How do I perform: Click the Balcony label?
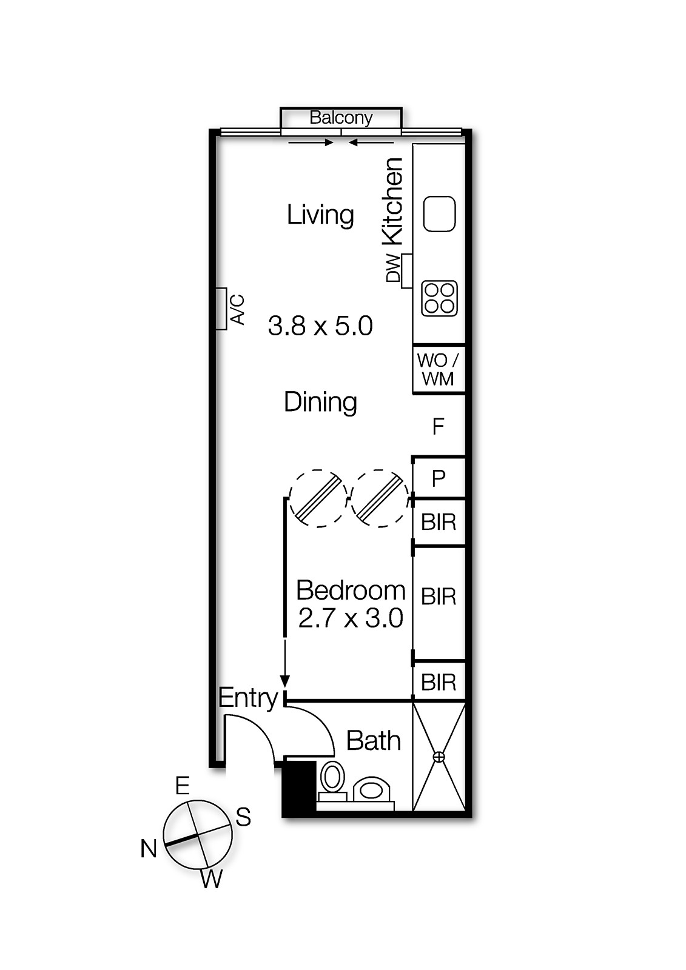[x=341, y=118]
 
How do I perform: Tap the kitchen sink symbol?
[x=439, y=214]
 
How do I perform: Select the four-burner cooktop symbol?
[x=439, y=298]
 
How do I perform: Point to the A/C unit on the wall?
[x=222, y=309]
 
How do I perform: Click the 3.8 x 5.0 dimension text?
[x=320, y=326]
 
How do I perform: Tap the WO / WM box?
[x=439, y=369]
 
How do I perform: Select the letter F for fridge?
[x=439, y=427]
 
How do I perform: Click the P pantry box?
[x=439, y=478]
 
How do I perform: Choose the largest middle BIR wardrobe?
[x=439, y=597]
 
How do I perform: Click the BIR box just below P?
[x=439, y=521]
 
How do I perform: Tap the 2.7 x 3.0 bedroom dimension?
[x=351, y=618]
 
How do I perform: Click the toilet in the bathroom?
[x=332, y=778]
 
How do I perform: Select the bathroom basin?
[x=370, y=790]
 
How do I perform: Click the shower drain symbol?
[x=439, y=757]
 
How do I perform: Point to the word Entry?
[x=247, y=698]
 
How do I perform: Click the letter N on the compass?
[x=149, y=848]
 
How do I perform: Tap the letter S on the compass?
[x=243, y=817]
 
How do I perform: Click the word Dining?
[x=320, y=402]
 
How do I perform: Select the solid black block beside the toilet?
[x=300, y=788]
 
